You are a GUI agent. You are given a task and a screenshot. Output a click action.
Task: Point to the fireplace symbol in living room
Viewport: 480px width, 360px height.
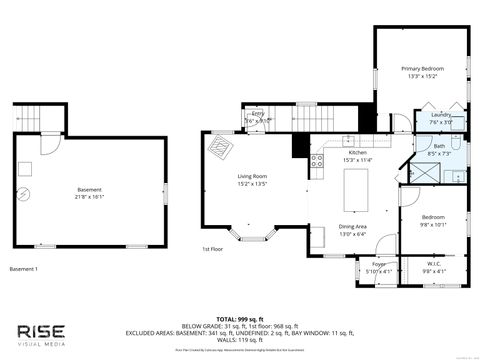(x=217, y=145)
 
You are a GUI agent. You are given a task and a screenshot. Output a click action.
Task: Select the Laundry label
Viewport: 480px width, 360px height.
(x=441, y=115)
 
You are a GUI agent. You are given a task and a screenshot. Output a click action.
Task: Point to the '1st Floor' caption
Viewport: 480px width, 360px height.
(x=212, y=249)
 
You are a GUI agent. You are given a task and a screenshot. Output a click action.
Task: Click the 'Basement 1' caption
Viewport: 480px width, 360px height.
(x=24, y=269)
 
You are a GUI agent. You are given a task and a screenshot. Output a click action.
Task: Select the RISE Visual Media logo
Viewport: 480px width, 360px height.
(x=42, y=332)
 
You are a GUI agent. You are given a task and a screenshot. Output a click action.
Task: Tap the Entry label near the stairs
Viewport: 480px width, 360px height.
(x=257, y=115)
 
